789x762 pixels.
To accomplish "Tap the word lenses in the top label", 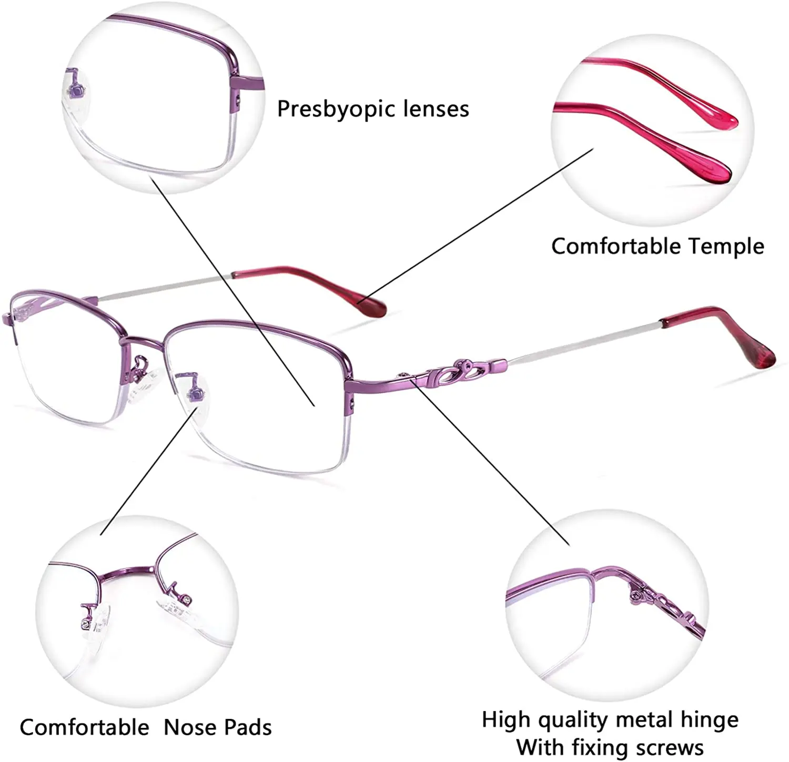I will coord(436,109).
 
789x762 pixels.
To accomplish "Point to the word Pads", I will coord(246,727).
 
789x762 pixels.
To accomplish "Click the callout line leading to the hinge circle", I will coord(492,463).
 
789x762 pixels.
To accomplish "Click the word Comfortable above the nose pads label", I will coord(84,727).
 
